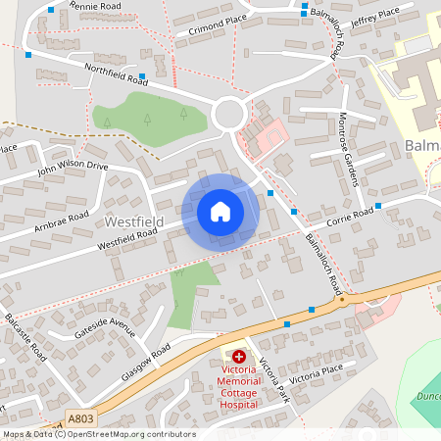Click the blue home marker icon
pyautogui.click(x=220, y=211)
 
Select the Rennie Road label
pyautogui.click(x=93, y=7)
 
